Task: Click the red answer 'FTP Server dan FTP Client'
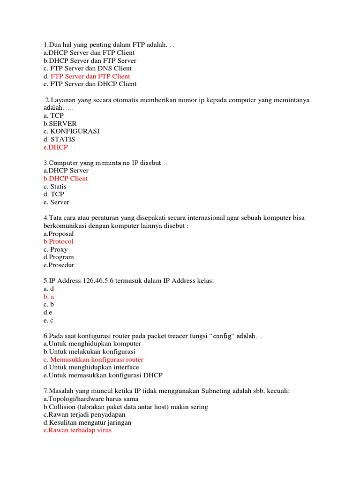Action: [90, 76]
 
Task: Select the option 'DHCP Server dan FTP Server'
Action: [90, 60]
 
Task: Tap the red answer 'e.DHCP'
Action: [55, 147]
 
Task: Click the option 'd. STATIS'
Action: [59, 139]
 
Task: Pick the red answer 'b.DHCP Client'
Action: [66, 179]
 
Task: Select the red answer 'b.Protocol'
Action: [59, 241]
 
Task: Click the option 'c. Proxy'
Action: [55, 249]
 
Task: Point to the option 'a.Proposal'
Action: [59, 233]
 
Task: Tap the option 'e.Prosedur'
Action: [59, 265]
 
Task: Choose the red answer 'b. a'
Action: [49, 297]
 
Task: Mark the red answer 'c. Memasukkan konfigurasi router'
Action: [93, 360]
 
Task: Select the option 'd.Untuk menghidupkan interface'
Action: [91, 367]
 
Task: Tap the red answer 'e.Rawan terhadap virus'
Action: [77, 430]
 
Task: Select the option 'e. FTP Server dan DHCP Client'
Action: [90, 84]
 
